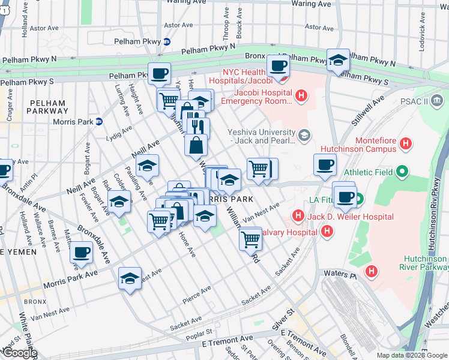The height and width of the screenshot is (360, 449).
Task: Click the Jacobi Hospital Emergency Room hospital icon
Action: coord(301,95)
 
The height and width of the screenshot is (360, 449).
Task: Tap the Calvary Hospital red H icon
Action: coord(327,231)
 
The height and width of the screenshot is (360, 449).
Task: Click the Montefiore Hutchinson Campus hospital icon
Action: coord(406,143)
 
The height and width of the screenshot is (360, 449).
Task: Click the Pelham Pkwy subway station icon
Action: coord(167,41)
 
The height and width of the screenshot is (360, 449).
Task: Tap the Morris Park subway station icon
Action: coord(99,122)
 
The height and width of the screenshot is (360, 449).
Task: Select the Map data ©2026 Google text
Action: coord(411,355)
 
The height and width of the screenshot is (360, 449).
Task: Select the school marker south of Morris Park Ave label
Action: coord(130,278)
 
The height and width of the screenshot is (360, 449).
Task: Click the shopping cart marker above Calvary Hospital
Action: coord(250,239)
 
